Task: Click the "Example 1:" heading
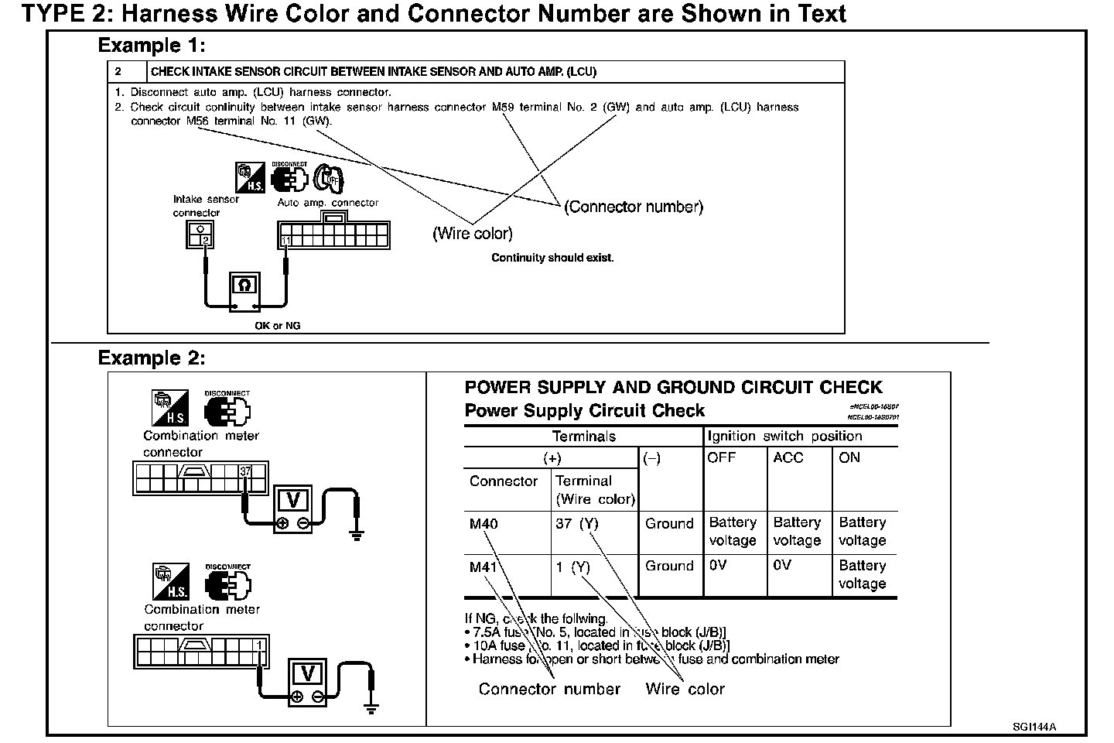(x=152, y=46)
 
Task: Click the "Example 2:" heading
(x=152, y=358)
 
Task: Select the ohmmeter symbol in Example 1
(x=244, y=287)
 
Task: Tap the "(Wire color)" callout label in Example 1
(x=472, y=233)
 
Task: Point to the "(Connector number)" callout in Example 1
(x=634, y=207)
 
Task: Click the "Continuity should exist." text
(x=552, y=258)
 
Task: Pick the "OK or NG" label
(x=277, y=326)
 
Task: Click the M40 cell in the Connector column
(x=484, y=524)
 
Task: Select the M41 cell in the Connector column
(x=484, y=567)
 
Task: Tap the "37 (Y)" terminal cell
(x=577, y=524)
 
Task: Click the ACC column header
(x=788, y=457)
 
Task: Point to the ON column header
(x=849, y=457)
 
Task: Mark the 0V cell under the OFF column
(x=718, y=566)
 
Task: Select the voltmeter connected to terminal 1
(x=307, y=676)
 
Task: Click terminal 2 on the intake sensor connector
(x=205, y=241)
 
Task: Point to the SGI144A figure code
(x=1034, y=727)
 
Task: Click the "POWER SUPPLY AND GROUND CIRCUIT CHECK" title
(x=673, y=388)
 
